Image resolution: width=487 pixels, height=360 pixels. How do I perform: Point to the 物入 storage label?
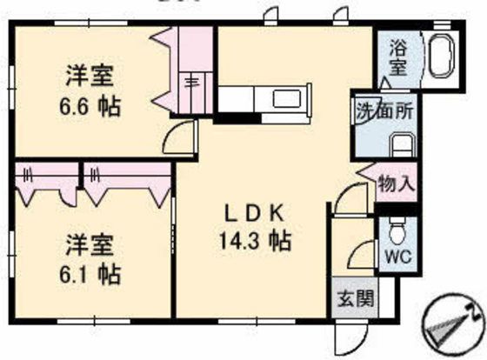(x=397, y=184)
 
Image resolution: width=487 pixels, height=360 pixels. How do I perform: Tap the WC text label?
(x=397, y=257)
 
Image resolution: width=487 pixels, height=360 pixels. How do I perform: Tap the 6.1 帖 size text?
(x=90, y=274)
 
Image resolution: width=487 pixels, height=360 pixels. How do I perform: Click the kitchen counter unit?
(x=262, y=99)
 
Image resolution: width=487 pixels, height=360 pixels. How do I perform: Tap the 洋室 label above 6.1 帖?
(x=90, y=243)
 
